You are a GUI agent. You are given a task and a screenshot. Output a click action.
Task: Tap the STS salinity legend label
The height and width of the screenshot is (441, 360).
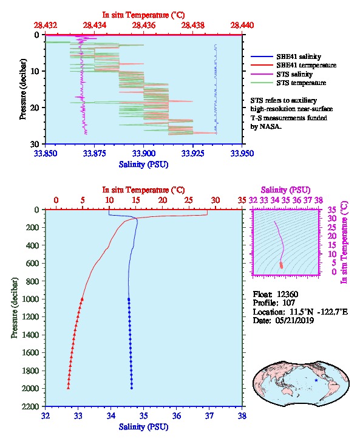(x=294, y=74)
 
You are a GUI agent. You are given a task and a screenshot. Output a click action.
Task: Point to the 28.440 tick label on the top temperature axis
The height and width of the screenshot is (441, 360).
(x=242, y=26)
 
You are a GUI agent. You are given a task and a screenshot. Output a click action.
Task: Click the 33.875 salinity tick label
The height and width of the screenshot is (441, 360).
(x=95, y=153)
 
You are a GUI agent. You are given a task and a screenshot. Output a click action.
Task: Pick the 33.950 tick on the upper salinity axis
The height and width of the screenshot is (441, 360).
(x=242, y=153)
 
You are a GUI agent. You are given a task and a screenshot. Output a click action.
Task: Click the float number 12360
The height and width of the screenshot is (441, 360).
(x=287, y=294)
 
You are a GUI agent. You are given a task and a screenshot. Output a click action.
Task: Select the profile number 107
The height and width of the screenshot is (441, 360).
(x=288, y=303)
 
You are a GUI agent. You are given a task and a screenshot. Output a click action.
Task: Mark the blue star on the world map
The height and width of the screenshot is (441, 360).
(x=316, y=380)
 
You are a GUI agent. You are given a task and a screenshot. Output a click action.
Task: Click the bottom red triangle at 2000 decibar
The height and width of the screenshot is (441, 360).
(x=68, y=388)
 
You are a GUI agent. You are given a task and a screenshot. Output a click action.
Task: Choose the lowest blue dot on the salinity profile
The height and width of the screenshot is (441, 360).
(x=132, y=388)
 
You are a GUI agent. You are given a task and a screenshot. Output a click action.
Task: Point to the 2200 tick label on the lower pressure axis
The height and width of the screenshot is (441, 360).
(x=30, y=406)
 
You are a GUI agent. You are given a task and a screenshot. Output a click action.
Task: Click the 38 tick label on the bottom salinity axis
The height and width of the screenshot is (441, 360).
(x=242, y=415)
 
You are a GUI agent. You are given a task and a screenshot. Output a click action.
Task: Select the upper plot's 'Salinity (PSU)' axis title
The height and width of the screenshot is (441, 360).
(x=144, y=164)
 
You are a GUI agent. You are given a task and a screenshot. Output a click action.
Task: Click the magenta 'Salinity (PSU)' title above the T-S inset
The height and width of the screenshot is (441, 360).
(x=285, y=190)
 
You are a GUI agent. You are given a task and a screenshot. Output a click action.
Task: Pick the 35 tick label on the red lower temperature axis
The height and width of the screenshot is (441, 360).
(x=242, y=200)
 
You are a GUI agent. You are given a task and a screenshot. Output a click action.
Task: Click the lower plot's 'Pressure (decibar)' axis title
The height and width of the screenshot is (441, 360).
(x=15, y=308)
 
